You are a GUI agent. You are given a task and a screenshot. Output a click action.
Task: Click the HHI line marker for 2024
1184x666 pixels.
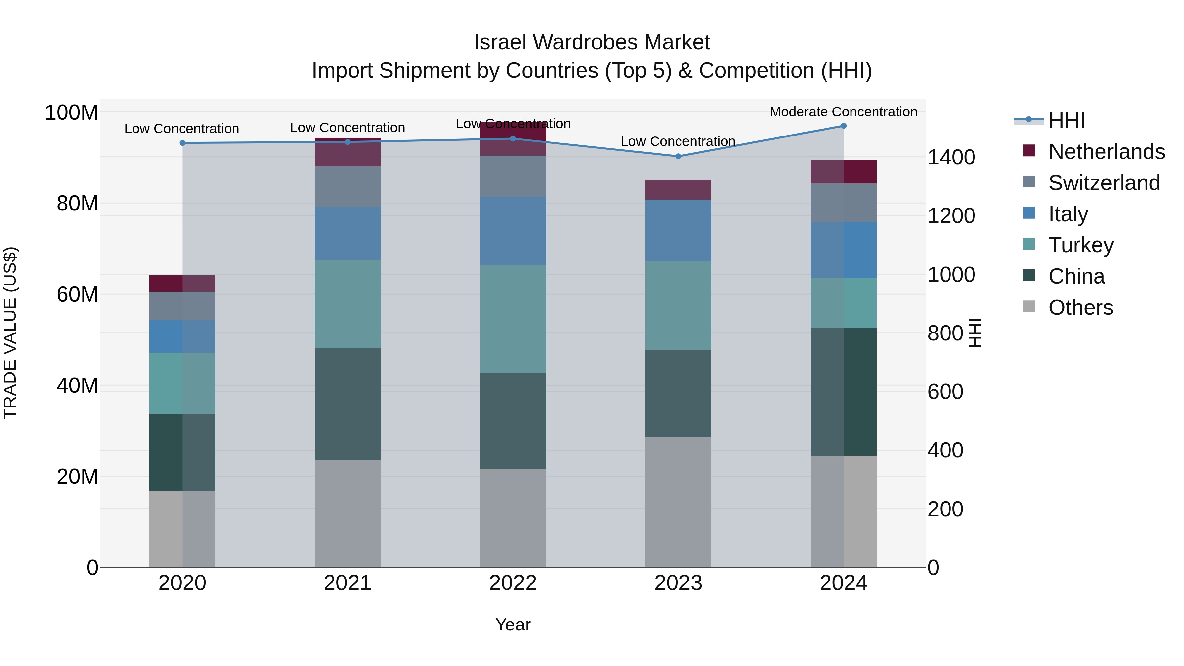[x=843, y=126]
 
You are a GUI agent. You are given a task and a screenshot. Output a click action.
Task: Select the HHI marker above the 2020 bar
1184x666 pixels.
[x=183, y=143]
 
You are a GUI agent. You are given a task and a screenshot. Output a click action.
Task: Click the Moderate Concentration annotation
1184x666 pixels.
[x=843, y=112]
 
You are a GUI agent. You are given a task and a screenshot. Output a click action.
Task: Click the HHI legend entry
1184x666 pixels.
[x=1066, y=120]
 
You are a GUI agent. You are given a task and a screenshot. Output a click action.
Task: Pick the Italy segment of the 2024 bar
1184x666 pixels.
[x=843, y=250]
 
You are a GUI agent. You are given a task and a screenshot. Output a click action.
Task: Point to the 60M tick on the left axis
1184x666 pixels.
[x=77, y=294]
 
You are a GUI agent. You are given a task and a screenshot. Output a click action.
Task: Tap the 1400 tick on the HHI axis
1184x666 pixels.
[x=951, y=157]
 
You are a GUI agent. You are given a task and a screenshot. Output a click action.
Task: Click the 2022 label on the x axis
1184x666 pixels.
[x=513, y=583]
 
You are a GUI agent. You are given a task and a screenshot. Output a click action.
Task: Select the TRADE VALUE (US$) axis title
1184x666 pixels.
[x=10, y=333]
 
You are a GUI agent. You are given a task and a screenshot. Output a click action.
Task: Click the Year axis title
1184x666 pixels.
[x=513, y=625]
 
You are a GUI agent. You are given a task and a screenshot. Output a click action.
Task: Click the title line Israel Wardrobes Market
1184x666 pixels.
[x=592, y=42]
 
